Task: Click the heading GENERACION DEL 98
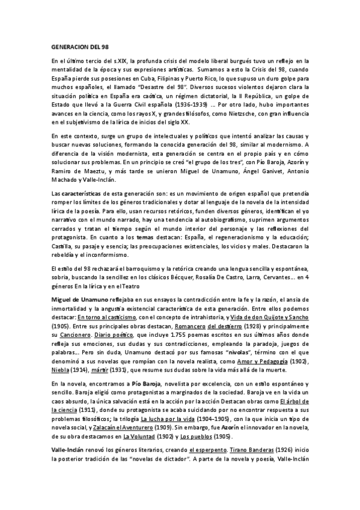pyautogui.click(x=76, y=46)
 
